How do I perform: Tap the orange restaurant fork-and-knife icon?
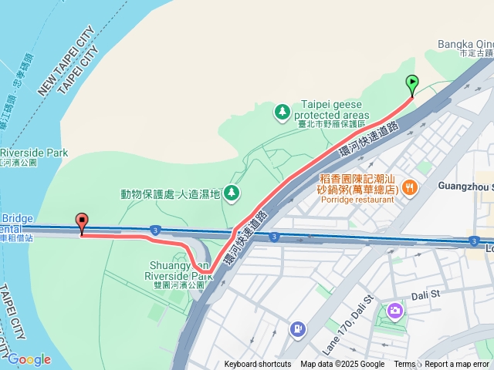pos(410,186)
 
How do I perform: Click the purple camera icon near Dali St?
pos(395,310)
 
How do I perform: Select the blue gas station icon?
pos(297,330)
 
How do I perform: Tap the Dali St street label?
pos(424,294)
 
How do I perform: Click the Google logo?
pos(29,359)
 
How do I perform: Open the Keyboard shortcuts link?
pos(258,365)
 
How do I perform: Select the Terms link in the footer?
pos(404,365)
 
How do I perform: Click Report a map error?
pos(458,365)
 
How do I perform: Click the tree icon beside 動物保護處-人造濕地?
pos(231,193)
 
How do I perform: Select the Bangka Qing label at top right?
pos(465,44)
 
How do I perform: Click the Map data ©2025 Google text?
pos(342,365)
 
